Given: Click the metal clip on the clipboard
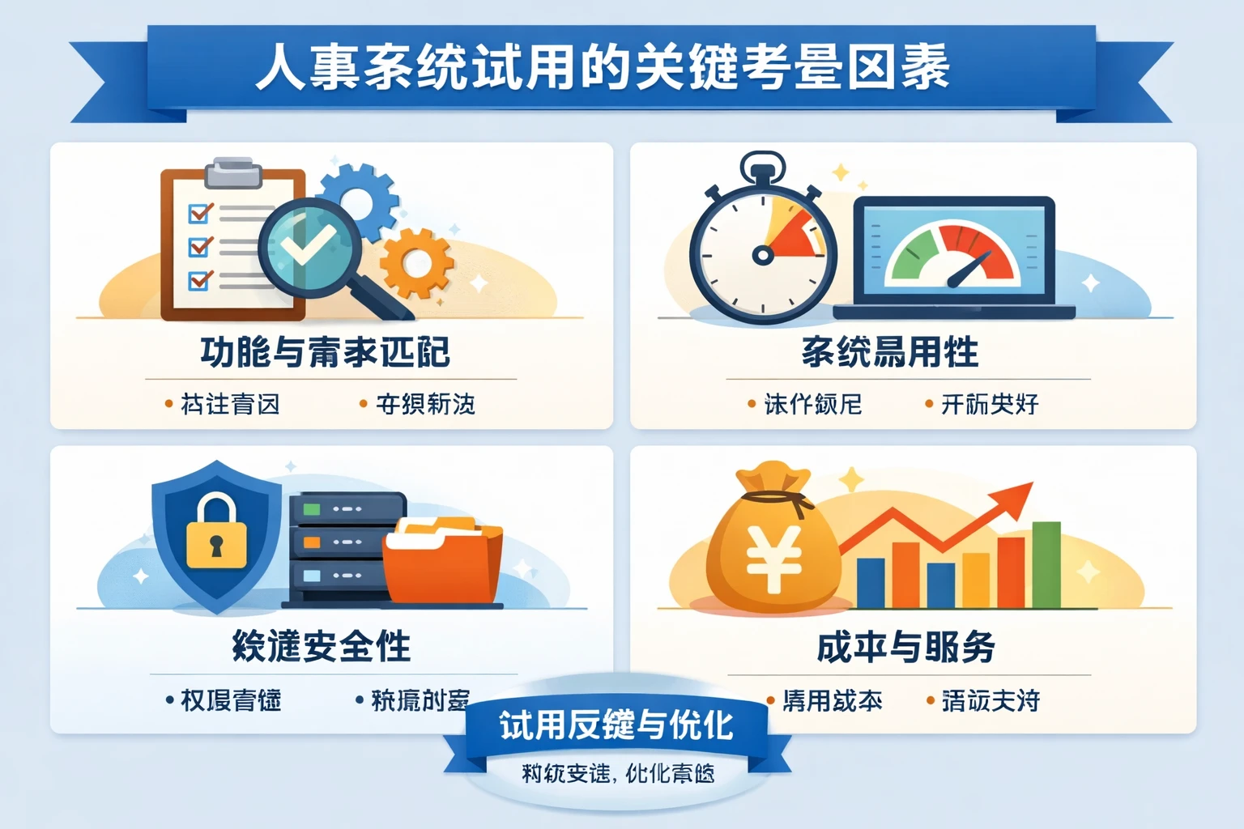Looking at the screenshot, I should coord(233,172).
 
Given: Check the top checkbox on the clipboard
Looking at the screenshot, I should coord(199,213).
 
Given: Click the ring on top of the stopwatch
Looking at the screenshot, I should coord(762,165).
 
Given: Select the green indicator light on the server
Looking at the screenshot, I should coord(312,509).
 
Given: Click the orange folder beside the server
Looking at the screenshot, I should coord(442,563).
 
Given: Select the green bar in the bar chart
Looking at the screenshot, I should coord(1046,564).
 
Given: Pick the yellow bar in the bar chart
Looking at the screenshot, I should coord(976,580).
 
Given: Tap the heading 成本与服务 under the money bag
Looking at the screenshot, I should coord(905,647).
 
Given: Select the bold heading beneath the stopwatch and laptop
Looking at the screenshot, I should coord(889,352).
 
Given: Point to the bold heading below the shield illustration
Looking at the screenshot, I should coord(322,647).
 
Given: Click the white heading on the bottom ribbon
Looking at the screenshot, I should coord(616,725).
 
